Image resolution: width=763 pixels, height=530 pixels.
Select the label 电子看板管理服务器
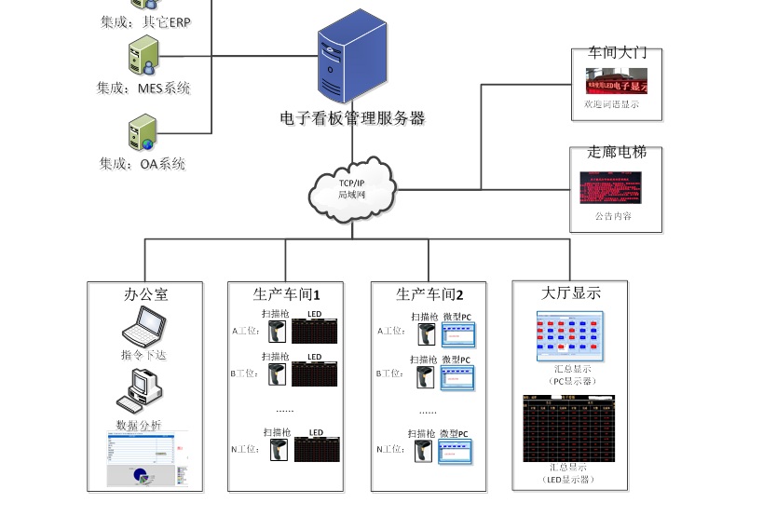click(352, 118)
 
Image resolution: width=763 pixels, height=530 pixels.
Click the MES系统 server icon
click(144, 55)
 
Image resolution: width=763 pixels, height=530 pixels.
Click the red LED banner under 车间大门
click(616, 80)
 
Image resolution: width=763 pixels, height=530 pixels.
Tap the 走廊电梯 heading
click(616, 152)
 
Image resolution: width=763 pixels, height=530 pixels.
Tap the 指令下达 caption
click(144, 355)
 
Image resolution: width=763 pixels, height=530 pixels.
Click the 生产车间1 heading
click(286, 294)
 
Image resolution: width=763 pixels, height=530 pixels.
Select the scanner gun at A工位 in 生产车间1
click(277, 333)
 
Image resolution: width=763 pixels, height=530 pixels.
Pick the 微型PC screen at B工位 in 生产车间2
click(457, 377)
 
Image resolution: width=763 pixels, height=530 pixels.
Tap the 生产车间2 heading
click(429, 294)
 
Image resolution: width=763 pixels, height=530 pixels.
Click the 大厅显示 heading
click(571, 292)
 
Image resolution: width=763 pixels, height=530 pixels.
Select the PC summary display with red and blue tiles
click(569, 335)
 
